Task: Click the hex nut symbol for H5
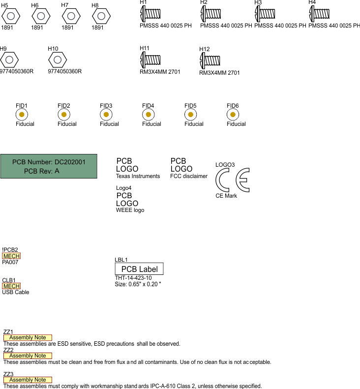(10, 16)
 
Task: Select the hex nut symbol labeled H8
(101, 16)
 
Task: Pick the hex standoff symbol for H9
(9, 60)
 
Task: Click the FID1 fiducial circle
(21, 115)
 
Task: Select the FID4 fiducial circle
(148, 115)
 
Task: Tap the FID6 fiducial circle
(233, 115)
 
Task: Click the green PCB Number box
(49, 166)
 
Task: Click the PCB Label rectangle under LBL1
(139, 269)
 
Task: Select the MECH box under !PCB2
(11, 256)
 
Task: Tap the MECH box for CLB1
(11, 286)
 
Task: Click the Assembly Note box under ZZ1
(28, 338)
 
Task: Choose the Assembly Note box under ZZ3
(28, 380)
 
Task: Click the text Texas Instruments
(138, 176)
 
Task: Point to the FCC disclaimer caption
(189, 176)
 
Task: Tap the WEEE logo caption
(130, 210)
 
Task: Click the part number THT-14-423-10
(133, 278)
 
